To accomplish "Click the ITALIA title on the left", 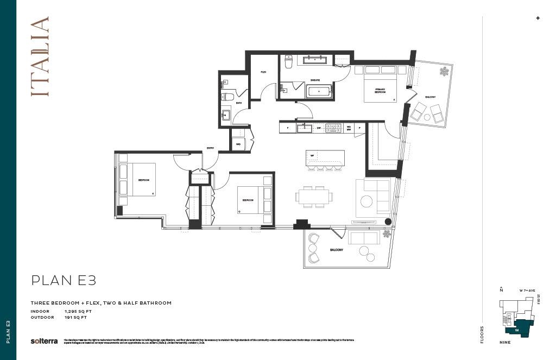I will click(x=40, y=56).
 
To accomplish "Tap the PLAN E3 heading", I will click(x=64, y=280).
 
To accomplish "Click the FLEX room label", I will click(x=263, y=72).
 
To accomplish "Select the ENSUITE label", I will click(x=315, y=79).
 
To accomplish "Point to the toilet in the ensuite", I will click(x=289, y=61).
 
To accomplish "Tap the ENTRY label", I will click(x=210, y=148).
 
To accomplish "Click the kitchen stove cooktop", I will click(x=332, y=128).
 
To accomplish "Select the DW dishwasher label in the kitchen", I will click(x=319, y=128).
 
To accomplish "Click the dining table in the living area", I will click(x=313, y=196).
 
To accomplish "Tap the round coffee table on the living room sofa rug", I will click(x=367, y=201).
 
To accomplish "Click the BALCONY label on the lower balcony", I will click(x=336, y=250).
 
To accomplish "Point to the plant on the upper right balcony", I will click(x=444, y=71).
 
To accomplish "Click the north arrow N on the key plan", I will click(x=501, y=290).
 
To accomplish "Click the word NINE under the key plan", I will click(x=504, y=343).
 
